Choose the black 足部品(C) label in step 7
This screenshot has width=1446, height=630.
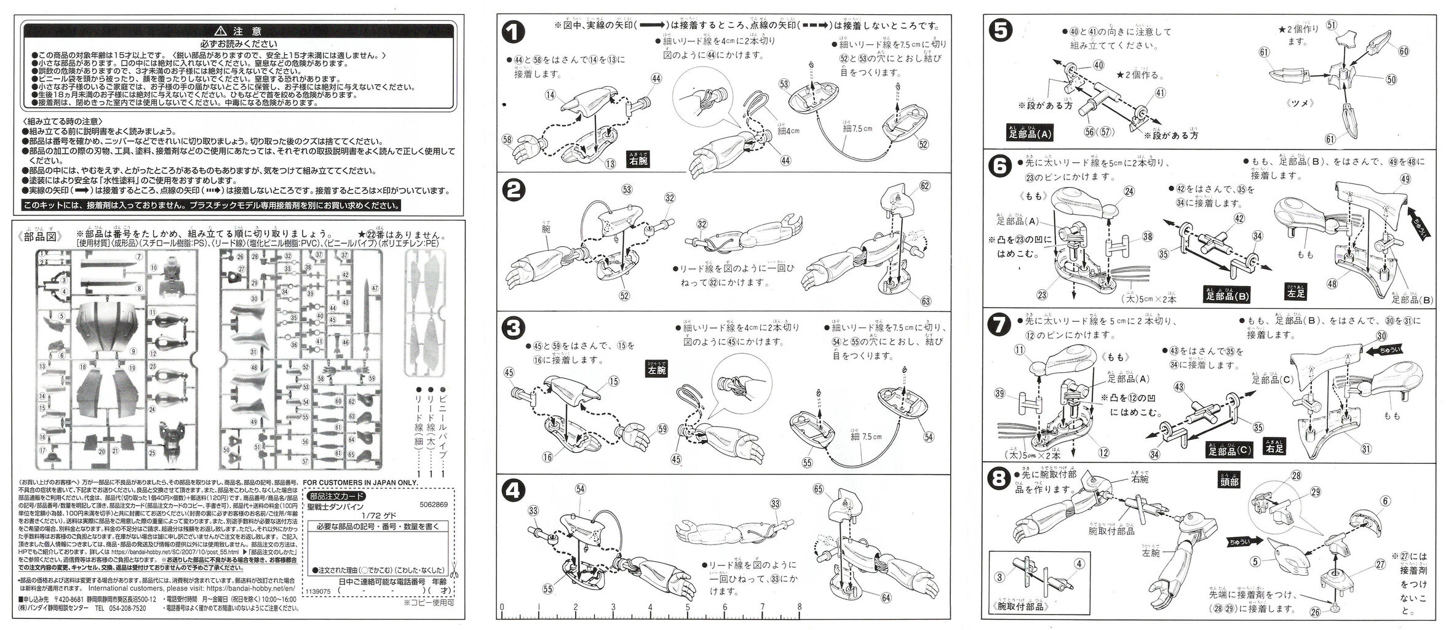tap(1228, 451)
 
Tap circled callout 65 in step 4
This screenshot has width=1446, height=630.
tap(817, 490)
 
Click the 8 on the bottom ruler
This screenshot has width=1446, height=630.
tap(799, 607)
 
